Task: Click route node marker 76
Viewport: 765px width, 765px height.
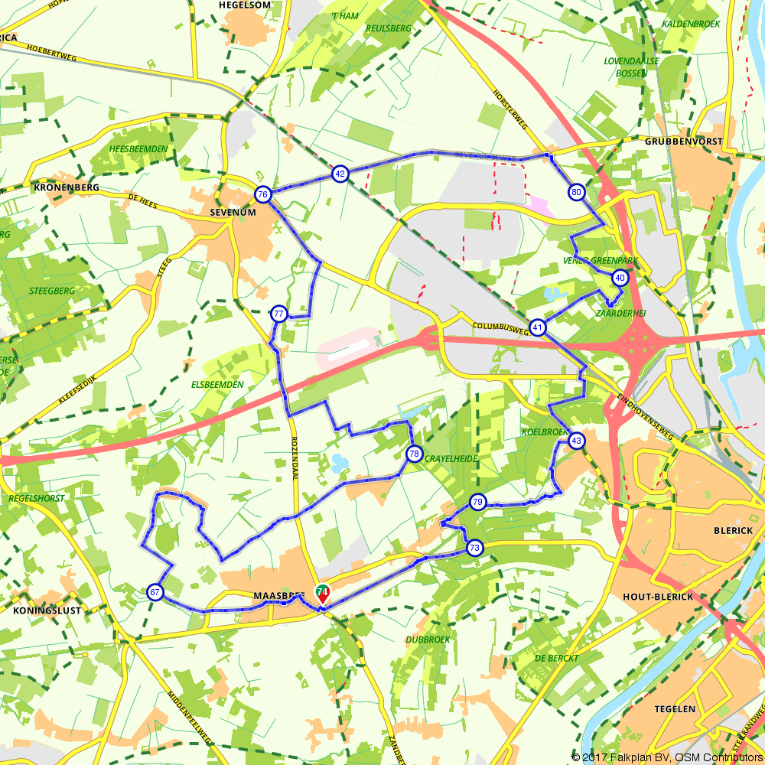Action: pos(262,195)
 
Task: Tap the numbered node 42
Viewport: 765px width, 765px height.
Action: pos(340,175)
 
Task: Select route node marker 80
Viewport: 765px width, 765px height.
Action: pos(576,192)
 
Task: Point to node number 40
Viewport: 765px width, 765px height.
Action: pos(620,278)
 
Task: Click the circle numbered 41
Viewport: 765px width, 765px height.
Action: pos(538,328)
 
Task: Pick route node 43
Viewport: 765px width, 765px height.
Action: pos(576,441)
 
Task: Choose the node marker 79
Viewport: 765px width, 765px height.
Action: pos(478,503)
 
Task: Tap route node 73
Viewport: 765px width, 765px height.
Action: pos(475,548)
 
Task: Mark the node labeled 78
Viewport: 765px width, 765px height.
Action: pos(414,454)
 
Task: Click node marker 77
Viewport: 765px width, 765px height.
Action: pos(278,314)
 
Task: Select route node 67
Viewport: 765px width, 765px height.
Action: pos(155,592)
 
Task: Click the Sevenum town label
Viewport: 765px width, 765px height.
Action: pos(232,212)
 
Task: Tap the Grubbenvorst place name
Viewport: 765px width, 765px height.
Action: pos(683,142)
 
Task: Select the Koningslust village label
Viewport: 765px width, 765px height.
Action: pos(47,610)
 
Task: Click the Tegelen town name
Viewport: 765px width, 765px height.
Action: pos(675,709)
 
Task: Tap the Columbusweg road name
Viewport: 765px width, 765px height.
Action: pos(500,326)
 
